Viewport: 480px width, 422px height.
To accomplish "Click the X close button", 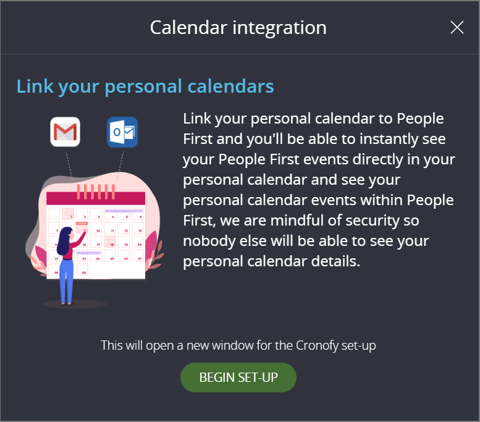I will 457,27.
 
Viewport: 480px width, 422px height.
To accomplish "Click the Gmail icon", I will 65,132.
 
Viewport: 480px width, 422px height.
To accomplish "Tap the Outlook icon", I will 122,132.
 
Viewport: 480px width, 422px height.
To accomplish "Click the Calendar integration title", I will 238,28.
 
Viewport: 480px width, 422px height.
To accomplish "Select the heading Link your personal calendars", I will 145,87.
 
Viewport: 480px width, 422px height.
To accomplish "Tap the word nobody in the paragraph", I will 210,240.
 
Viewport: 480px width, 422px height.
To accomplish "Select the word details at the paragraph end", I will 336,261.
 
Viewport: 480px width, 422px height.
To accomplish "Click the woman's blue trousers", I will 66,281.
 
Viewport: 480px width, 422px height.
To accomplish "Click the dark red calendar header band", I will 96,198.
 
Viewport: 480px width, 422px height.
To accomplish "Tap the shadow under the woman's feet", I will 74,304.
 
